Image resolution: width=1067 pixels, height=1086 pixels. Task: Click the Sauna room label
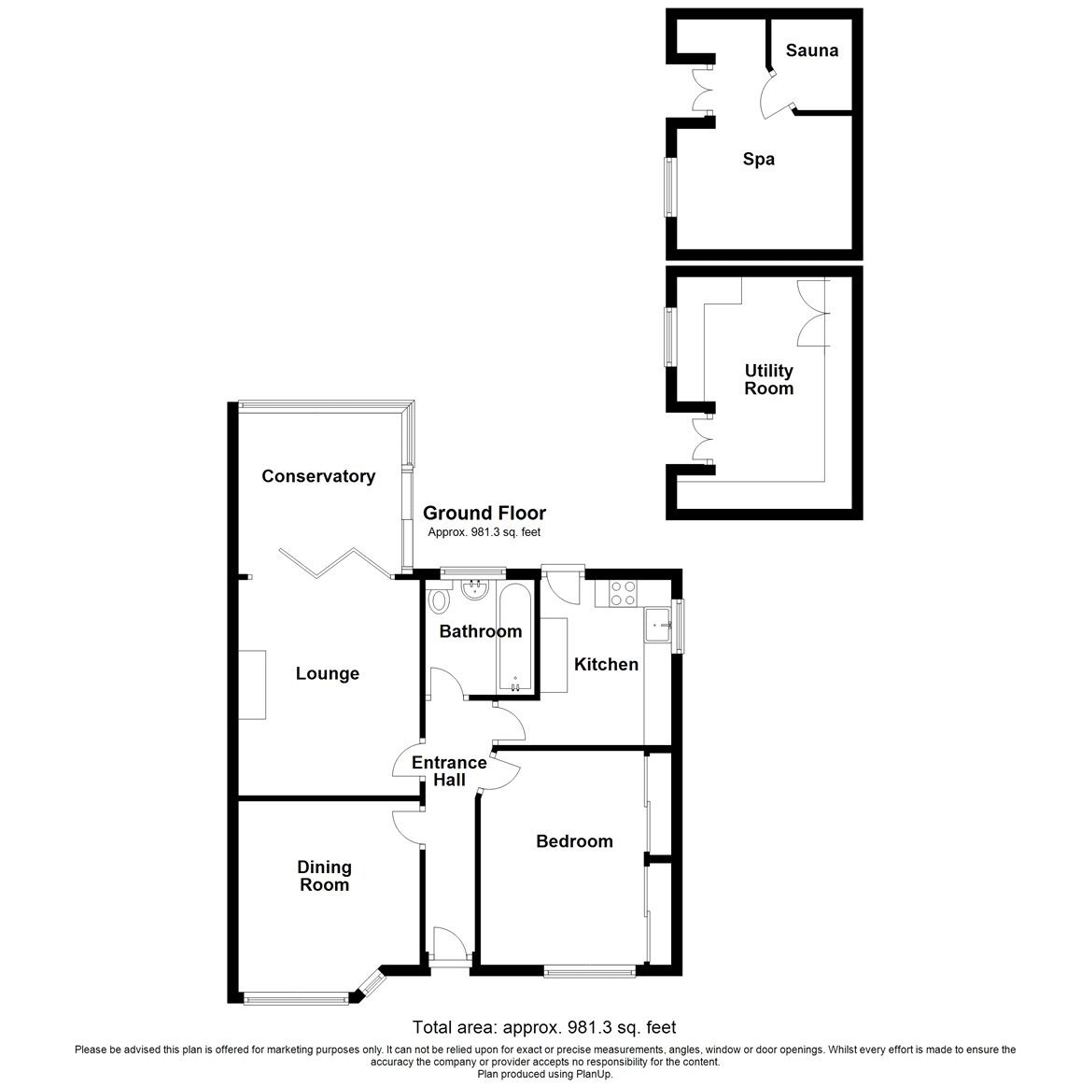[811, 50]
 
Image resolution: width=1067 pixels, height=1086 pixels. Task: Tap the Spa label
[758, 160]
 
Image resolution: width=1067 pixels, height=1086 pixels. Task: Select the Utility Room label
[768, 380]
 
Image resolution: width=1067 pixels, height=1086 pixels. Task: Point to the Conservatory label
[318, 476]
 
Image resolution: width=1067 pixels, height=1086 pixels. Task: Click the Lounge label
[327, 673]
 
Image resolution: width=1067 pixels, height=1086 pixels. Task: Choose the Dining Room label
[325, 876]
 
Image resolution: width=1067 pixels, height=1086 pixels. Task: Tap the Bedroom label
[574, 841]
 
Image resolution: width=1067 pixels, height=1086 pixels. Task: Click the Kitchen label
[606, 665]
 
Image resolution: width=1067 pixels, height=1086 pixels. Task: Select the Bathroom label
[480, 631]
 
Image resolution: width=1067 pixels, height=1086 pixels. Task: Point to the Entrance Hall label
[449, 770]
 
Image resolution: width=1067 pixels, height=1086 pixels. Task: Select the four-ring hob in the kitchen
[622, 593]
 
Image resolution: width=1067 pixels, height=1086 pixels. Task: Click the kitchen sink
[660, 624]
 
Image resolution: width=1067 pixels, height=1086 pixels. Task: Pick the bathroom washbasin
[476, 588]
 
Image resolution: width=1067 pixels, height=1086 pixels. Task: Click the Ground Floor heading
[484, 513]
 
